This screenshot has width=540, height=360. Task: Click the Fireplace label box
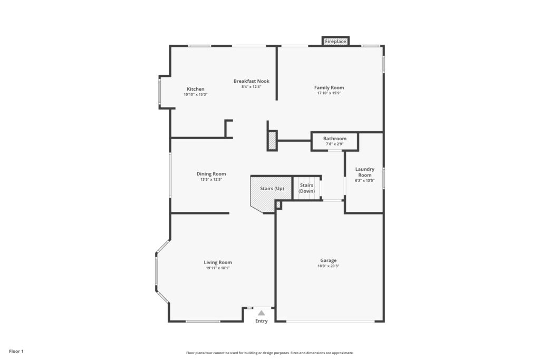[x=335, y=41]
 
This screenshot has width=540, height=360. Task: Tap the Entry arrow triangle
[x=262, y=313]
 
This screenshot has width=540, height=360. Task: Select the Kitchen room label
[x=196, y=89]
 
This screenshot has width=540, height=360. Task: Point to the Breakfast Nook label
[x=252, y=81]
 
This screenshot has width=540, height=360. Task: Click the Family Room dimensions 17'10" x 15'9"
[x=329, y=93]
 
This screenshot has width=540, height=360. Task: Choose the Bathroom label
[x=335, y=138]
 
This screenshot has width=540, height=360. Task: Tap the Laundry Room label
[x=365, y=172]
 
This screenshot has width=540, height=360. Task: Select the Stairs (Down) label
[x=306, y=188]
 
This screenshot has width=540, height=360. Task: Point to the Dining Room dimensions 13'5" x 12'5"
[x=211, y=179]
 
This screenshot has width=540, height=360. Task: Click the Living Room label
[x=218, y=262]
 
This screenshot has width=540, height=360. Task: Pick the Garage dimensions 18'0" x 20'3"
[x=328, y=266]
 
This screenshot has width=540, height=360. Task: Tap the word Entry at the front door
[x=262, y=321]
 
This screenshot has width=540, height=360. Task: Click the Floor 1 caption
[x=16, y=352]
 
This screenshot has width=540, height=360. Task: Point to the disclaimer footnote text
[x=270, y=353]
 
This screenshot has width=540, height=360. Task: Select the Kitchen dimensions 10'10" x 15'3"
[x=196, y=94]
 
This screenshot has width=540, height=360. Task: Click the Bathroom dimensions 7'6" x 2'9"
[x=335, y=144]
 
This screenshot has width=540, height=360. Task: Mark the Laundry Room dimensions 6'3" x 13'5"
[x=365, y=180]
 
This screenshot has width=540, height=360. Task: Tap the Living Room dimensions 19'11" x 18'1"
[x=218, y=268]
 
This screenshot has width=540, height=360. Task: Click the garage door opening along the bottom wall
[x=330, y=322]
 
